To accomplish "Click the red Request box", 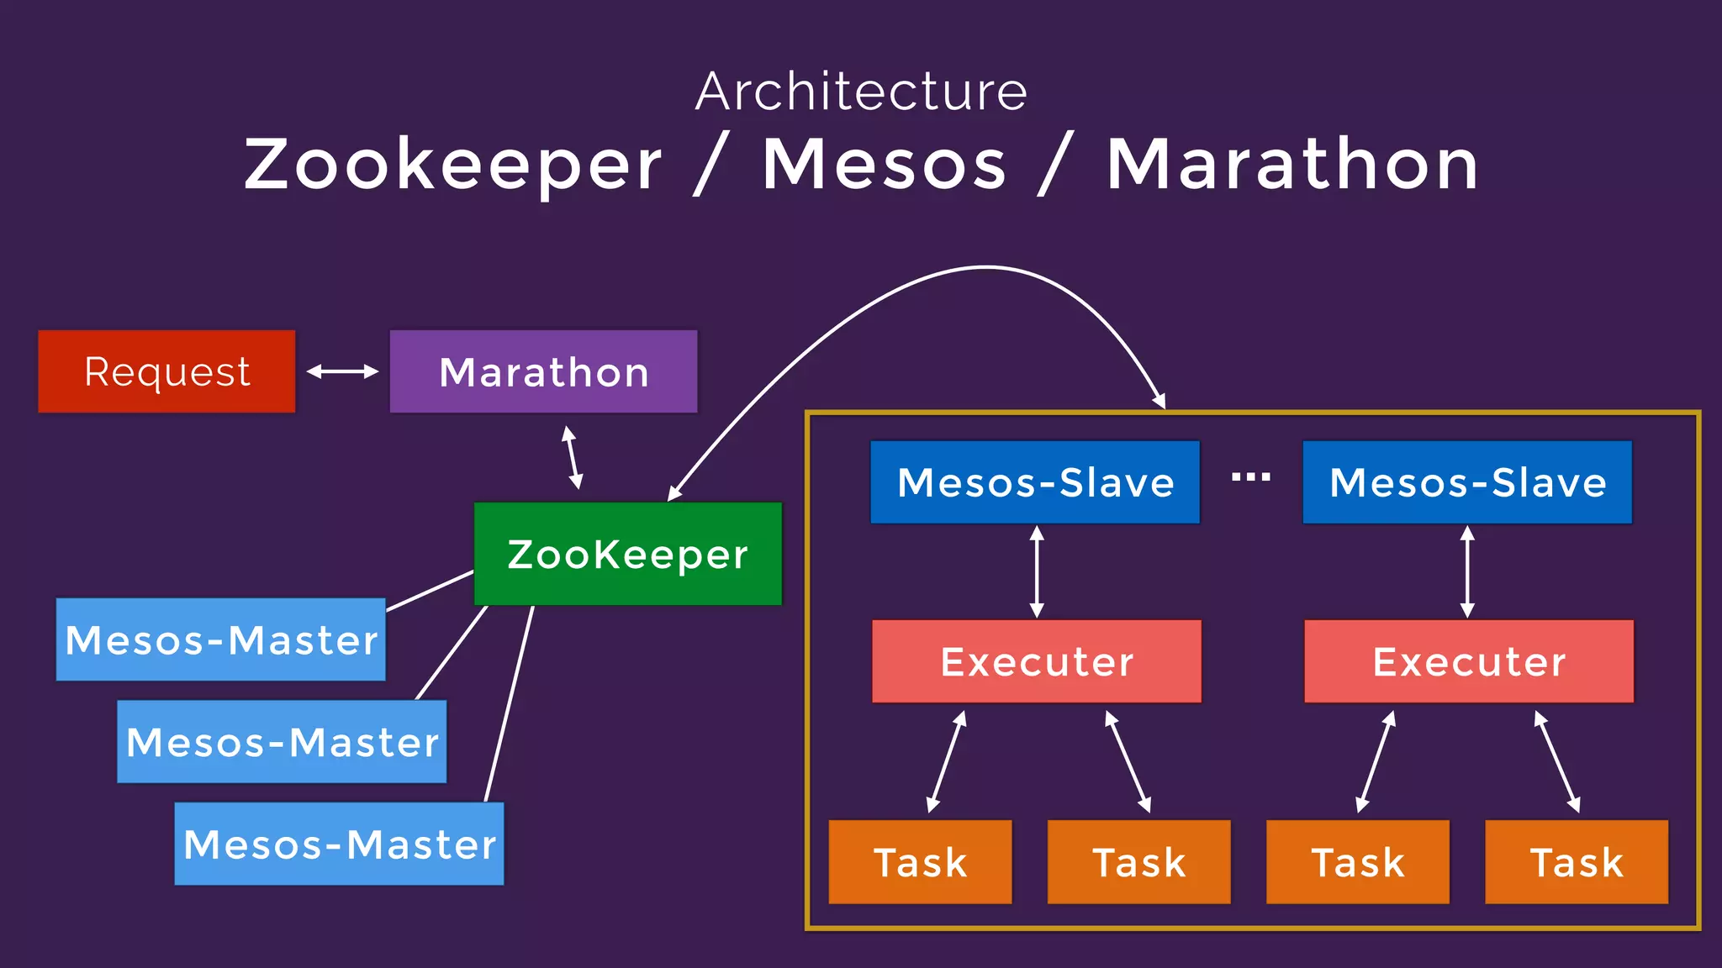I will [x=166, y=371].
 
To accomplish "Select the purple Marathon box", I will [x=543, y=371].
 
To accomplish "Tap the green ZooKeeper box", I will [x=627, y=554].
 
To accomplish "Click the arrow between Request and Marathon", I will [x=342, y=371].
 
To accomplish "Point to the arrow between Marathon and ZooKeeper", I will [x=573, y=458].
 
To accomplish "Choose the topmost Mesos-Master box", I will [x=220, y=639].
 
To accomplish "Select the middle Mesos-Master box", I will [x=282, y=742].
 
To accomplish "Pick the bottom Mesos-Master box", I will [x=339, y=844].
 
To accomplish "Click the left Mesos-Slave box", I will [x=1035, y=482].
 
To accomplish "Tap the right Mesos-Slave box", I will [x=1467, y=482].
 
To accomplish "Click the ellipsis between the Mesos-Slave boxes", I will [x=1251, y=477].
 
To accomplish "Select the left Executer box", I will [x=1037, y=661].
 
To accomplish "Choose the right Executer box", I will [x=1469, y=661].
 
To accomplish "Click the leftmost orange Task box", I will [x=920, y=862].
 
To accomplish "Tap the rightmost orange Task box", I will [x=1577, y=862].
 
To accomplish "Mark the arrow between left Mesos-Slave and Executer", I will [x=1037, y=572].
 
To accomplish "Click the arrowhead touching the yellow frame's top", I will [x=1159, y=401].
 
